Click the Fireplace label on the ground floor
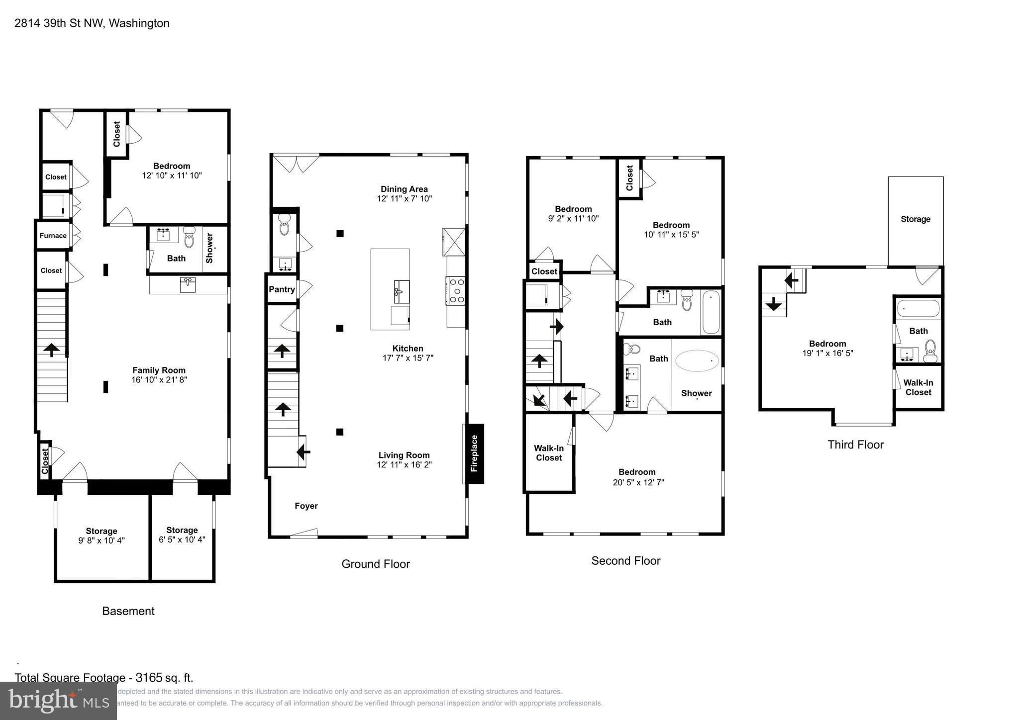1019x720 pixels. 474,453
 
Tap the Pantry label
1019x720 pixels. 282,289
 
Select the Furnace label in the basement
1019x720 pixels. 53,236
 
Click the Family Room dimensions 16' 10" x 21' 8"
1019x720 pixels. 159,380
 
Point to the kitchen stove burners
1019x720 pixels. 456,290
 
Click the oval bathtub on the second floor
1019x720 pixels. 697,361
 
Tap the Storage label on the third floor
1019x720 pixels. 915,219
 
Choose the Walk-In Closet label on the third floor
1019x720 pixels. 918,387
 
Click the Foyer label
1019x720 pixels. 306,506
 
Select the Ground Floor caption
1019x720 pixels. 376,564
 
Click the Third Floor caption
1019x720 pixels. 855,445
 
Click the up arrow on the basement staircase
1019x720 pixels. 51,350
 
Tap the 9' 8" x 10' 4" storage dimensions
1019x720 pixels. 102,540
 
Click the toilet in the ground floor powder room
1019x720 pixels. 284,225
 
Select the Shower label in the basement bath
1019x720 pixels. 209,248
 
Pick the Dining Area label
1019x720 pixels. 404,189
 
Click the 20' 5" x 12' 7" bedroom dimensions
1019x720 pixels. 638,482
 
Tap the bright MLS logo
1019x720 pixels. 58,701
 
